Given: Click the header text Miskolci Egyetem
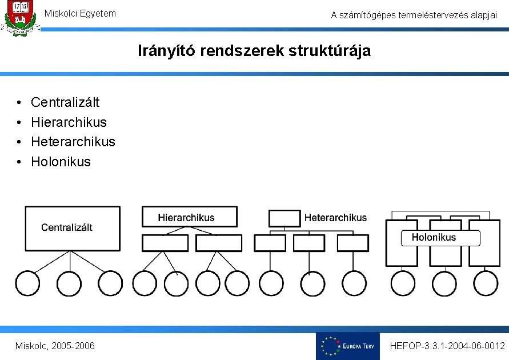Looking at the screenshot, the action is pos(80,13).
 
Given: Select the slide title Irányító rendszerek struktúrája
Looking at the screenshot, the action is pos(254,51).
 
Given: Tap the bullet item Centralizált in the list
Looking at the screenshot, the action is pos(65,102).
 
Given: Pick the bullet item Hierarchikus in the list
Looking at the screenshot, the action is pos(69,122).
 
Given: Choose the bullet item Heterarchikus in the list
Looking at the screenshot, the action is pos(73,141).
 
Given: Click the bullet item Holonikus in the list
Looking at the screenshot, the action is pos(61,161).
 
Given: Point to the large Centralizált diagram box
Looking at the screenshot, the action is pos(72,228).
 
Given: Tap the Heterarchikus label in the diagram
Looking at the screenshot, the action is pos(336,218).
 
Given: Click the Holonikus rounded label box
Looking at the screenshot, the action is pos(434,238).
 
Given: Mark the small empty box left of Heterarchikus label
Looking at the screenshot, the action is pos(284,218).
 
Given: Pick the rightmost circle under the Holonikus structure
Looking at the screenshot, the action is pos(486,283).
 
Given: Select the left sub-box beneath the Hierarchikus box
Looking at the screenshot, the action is pos(165,243).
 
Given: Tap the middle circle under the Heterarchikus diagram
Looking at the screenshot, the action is pos(309,283).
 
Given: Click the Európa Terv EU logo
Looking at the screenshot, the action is pos(347,346).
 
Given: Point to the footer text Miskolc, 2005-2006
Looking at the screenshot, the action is pos(55,346).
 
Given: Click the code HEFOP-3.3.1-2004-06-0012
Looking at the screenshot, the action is pos(447,346).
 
